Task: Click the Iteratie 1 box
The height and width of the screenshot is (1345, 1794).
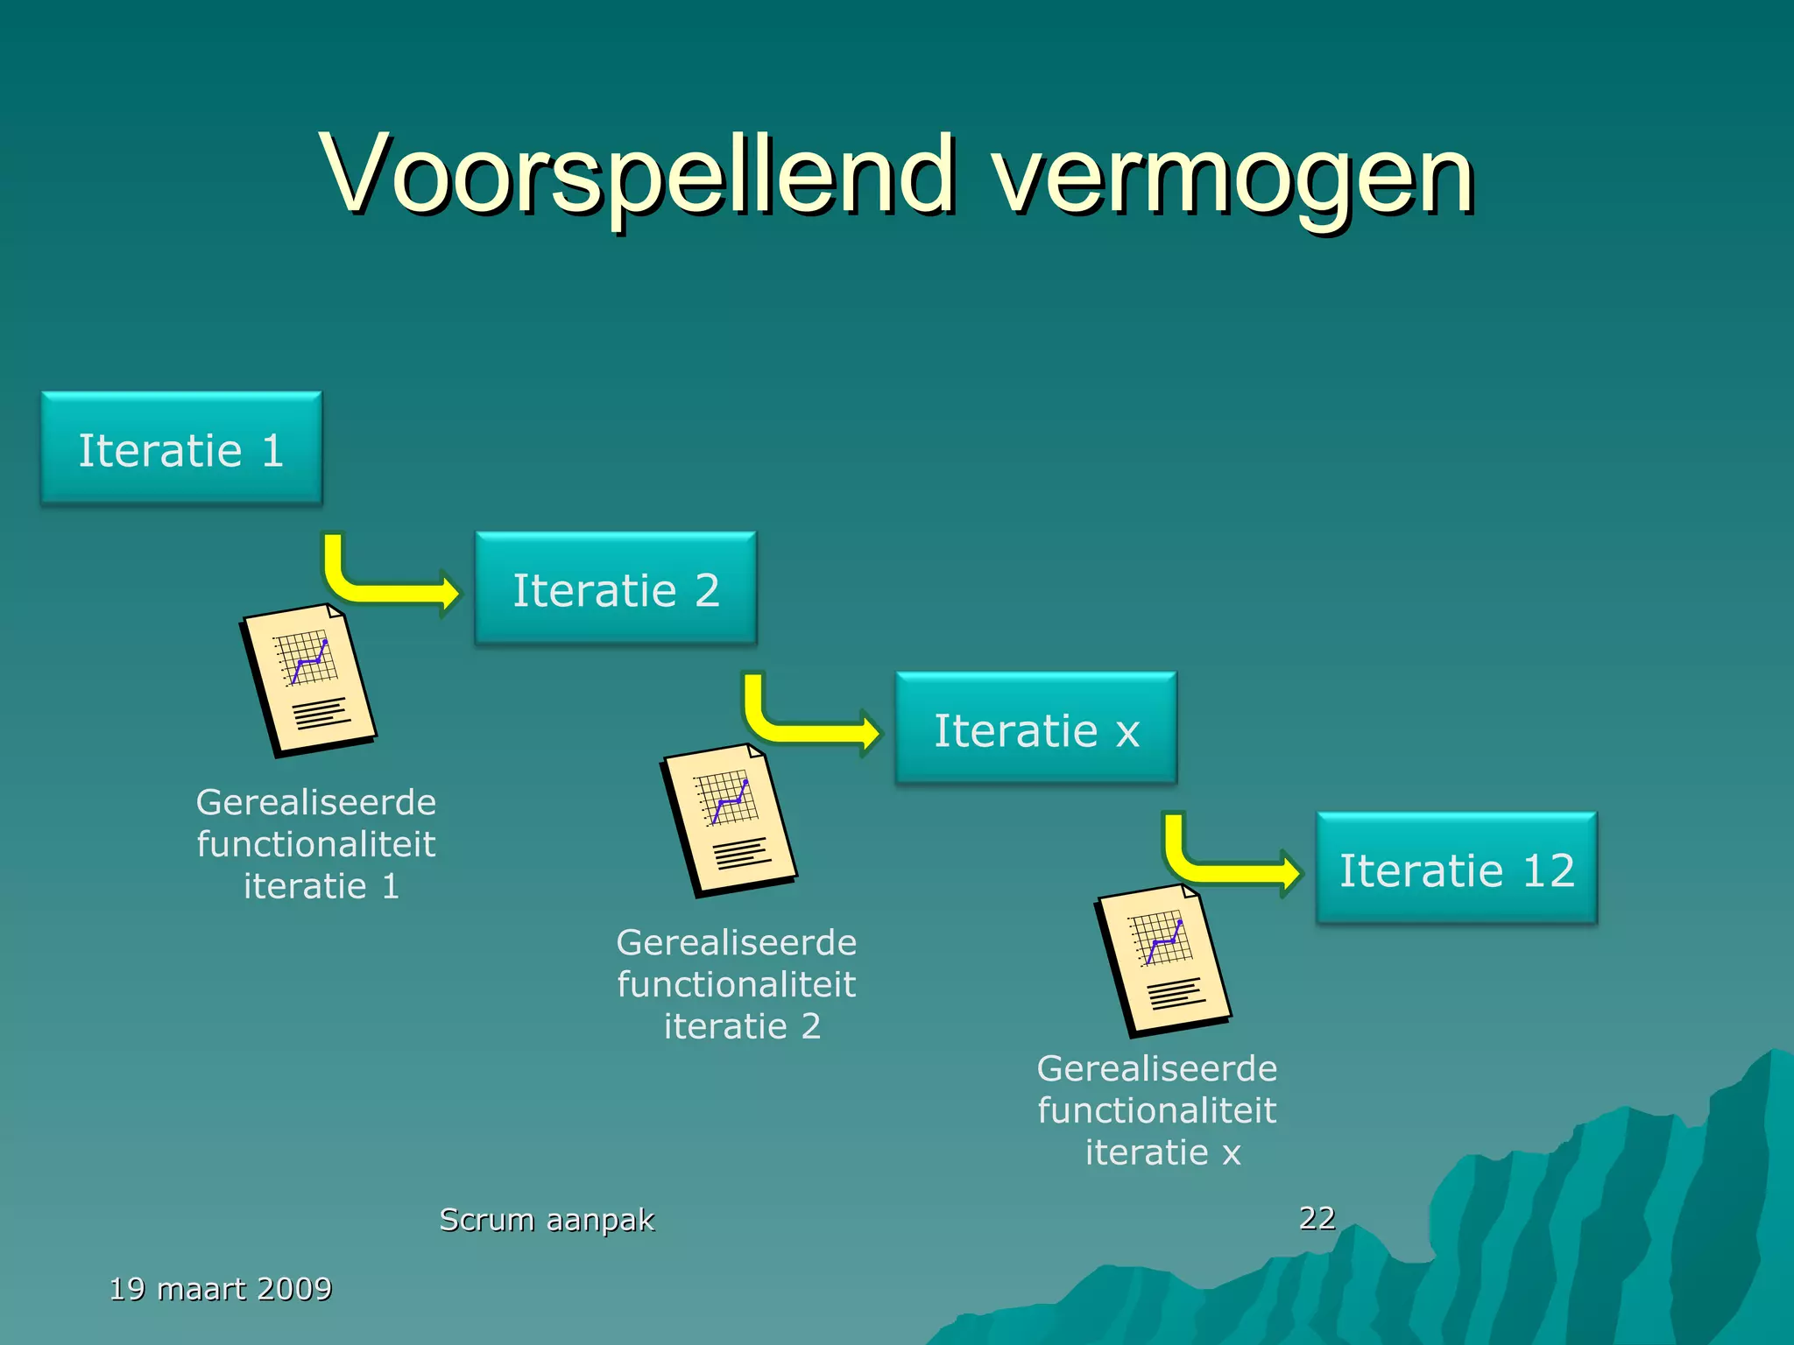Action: [x=181, y=448]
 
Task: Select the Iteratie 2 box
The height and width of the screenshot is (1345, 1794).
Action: [x=615, y=588]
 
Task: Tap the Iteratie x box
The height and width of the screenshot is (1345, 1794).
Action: [x=1035, y=729]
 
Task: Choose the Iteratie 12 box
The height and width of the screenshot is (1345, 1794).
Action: [x=1456, y=869]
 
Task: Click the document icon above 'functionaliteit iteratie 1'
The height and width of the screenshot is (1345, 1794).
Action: [x=308, y=680]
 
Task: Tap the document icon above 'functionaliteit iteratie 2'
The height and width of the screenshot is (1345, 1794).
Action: [x=729, y=820]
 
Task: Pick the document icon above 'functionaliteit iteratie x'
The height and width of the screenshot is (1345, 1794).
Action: [x=1163, y=961]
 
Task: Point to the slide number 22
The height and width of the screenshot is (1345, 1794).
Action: [x=1317, y=1217]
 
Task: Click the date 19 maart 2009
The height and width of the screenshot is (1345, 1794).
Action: [x=221, y=1289]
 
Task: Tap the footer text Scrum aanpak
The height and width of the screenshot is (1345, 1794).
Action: [x=547, y=1219]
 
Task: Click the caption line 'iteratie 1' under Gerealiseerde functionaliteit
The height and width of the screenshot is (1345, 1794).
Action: [x=321, y=886]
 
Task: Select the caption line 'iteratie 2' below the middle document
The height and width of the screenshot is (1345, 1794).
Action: [x=742, y=1026]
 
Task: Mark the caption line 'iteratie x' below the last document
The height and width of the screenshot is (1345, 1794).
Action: [x=1162, y=1152]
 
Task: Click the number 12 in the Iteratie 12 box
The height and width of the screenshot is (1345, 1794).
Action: [x=1549, y=870]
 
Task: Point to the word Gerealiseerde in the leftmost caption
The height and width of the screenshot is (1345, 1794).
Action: [x=316, y=802]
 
